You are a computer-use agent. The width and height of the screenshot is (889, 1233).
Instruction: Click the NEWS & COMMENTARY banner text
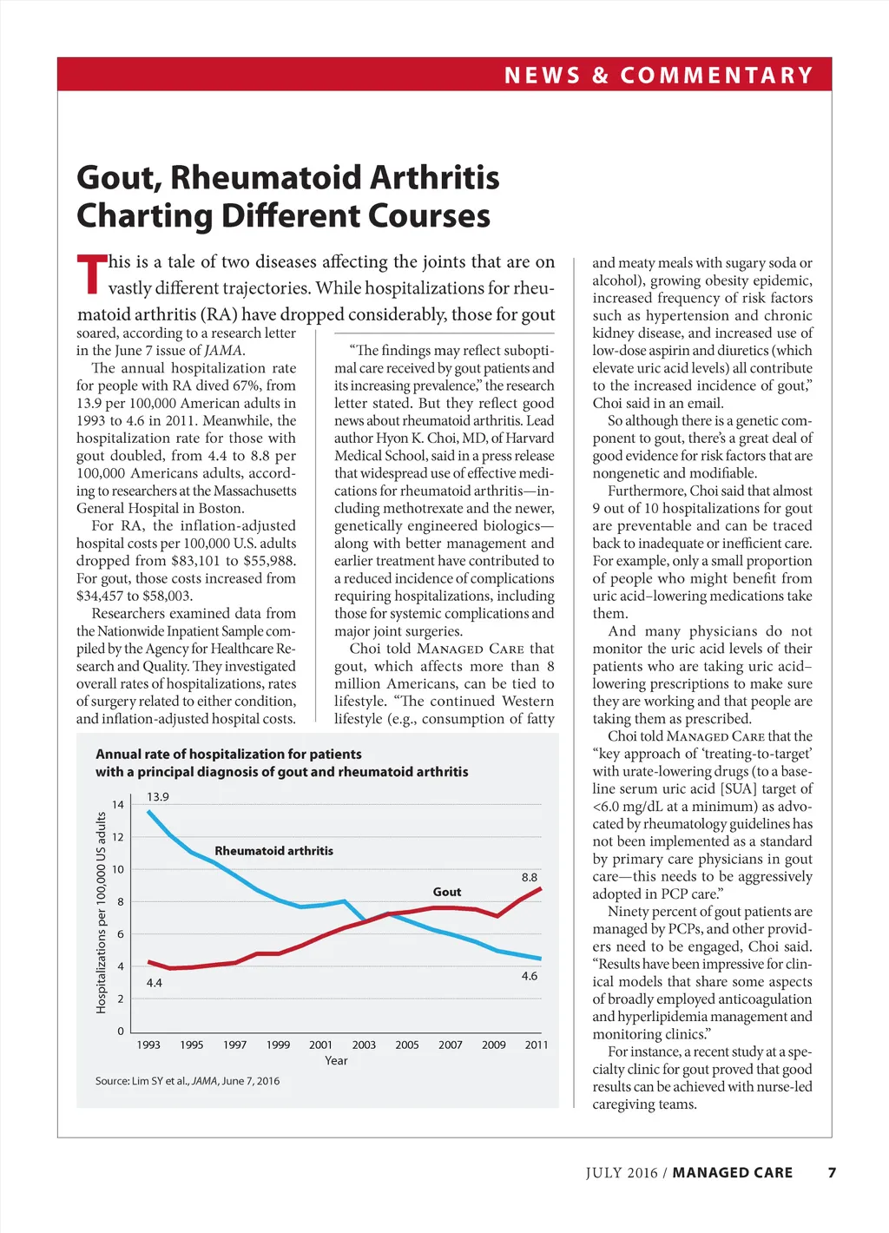658,76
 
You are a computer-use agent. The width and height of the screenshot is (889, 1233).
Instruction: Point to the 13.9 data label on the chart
158,796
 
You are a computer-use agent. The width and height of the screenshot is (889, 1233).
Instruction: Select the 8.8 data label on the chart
529,877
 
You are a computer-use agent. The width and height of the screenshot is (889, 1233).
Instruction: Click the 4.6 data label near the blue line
529,976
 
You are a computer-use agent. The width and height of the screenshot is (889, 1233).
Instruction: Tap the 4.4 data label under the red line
154,983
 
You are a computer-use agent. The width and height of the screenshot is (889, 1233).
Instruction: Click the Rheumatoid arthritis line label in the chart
273,851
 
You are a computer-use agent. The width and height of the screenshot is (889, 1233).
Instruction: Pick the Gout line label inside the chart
447,892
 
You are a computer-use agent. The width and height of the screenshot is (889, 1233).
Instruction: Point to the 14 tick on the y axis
118,805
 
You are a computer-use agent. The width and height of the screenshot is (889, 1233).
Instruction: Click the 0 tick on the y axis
121,1032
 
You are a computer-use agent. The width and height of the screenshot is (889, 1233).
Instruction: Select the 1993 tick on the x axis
148,1045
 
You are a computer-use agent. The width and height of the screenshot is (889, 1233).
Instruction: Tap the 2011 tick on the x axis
537,1045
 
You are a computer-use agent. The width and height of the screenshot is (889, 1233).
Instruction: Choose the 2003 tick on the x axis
364,1045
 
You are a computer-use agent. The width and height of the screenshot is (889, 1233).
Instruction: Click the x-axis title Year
336,1060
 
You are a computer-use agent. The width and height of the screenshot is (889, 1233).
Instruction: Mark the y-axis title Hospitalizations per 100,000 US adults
101,912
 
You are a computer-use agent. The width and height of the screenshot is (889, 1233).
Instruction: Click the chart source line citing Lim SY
188,1081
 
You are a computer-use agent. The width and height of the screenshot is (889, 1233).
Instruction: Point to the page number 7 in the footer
832,1172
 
